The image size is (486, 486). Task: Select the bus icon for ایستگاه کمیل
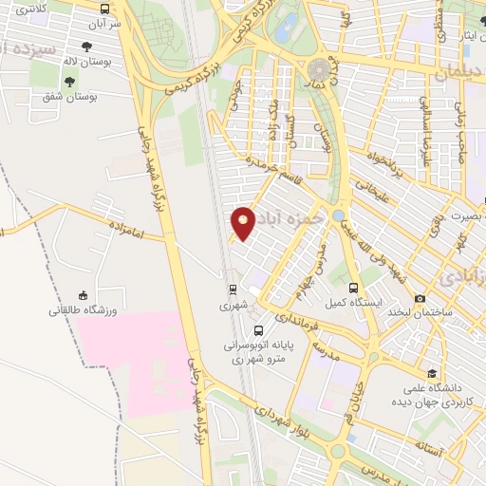[x=353, y=288]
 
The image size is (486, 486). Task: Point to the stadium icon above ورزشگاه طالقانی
[x=83, y=295]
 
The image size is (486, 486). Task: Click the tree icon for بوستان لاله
[x=87, y=46]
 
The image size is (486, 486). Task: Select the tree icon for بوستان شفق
[x=47, y=96]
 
